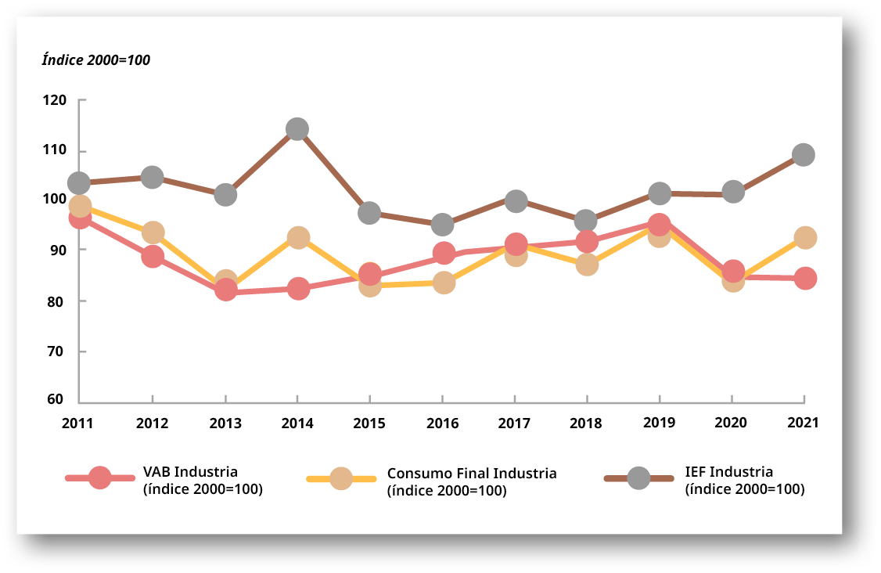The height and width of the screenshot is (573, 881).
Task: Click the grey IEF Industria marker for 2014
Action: tap(297, 129)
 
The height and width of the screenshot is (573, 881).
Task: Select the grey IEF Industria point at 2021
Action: tap(804, 154)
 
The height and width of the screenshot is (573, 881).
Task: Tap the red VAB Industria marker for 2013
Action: tap(225, 290)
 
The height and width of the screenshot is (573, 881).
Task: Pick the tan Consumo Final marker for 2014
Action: tap(297, 238)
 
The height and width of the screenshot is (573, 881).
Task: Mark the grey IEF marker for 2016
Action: tap(443, 225)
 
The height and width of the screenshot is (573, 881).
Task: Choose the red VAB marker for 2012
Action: tap(153, 257)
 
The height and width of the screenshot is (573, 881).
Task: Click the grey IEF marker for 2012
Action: tap(153, 177)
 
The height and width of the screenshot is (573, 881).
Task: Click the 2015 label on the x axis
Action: tap(369, 423)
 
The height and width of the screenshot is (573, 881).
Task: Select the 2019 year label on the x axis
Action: tap(660, 423)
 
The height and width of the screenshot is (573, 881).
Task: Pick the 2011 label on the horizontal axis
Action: tap(78, 423)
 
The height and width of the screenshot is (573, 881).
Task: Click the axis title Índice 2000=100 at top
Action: tap(95, 60)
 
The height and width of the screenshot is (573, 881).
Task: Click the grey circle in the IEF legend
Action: tap(639, 477)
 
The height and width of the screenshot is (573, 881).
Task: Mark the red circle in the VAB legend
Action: tap(100, 477)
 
